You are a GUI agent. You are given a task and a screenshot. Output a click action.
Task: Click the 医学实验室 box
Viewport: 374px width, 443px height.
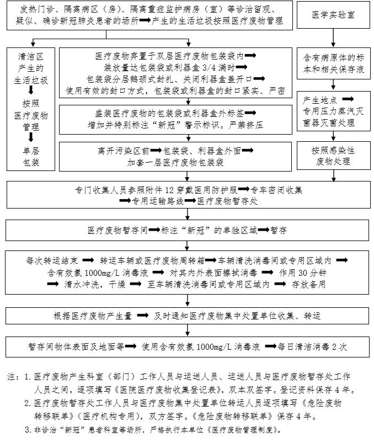click(333, 15)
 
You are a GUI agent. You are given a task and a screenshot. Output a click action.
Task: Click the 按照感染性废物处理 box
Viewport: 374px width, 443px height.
click(333, 156)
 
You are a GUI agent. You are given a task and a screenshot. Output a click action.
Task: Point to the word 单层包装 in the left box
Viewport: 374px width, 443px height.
click(32, 156)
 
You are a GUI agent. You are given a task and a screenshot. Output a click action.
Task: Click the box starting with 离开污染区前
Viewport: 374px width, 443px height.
click(176, 156)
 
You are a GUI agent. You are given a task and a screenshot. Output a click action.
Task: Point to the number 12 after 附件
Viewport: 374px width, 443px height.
click(172, 189)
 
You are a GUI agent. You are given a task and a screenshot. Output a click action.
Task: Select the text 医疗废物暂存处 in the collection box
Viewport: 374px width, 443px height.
click(227, 200)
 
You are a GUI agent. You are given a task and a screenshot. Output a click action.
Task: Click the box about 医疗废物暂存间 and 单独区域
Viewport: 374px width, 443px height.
click(187, 229)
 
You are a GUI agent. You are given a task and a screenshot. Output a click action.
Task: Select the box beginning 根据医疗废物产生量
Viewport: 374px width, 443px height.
click(187, 316)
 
